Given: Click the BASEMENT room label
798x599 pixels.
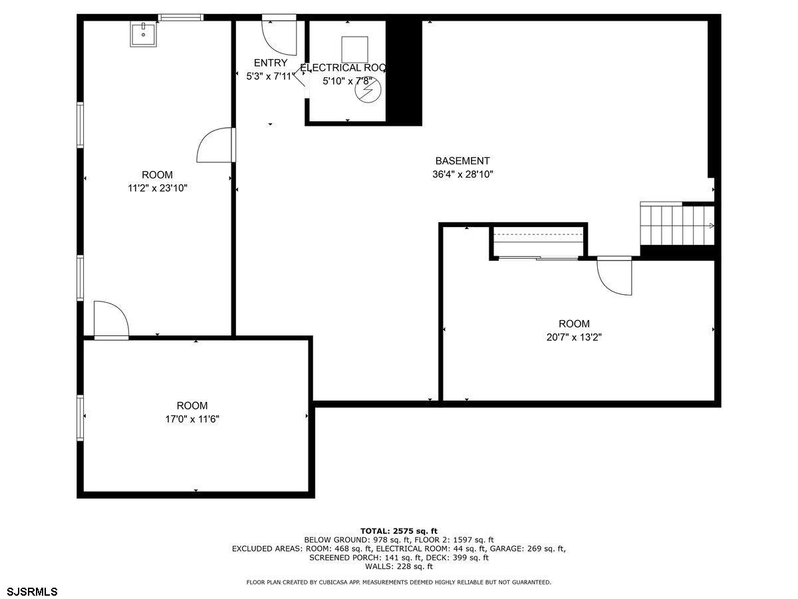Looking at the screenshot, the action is (462, 161).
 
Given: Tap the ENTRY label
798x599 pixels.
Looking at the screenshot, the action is (271, 63).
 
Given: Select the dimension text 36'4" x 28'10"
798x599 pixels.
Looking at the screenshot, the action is (462, 174).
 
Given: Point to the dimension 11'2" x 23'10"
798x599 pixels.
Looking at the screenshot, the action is (158, 188).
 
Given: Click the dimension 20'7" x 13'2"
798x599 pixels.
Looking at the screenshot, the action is (574, 337).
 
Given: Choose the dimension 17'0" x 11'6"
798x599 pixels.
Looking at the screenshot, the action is (192, 419).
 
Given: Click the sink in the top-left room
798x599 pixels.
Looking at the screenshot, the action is (143, 34).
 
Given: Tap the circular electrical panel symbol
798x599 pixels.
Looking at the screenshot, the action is (368, 90).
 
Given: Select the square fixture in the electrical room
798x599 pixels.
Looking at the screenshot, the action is (354, 49).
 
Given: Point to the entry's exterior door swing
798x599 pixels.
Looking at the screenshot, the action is (279, 36).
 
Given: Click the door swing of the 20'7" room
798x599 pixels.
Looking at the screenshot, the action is (614, 276).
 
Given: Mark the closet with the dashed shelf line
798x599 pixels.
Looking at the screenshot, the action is (539, 242).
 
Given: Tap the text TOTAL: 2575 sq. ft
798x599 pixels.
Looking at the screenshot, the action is (399, 531).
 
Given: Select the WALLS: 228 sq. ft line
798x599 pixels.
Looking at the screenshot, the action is (399, 566).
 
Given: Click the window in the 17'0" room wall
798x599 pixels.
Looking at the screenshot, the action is (80, 418).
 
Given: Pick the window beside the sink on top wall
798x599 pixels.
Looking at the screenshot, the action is (180, 17).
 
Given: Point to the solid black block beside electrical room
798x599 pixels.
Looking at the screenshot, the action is (404, 71).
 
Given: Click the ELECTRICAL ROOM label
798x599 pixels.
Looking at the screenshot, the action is (343, 68).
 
